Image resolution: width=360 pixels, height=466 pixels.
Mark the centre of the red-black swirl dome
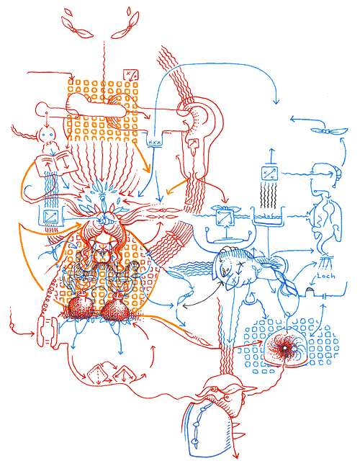click(286, 350)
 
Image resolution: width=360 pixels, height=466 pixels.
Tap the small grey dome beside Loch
click(311, 290)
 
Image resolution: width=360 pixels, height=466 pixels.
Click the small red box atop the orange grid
click(130, 74)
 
